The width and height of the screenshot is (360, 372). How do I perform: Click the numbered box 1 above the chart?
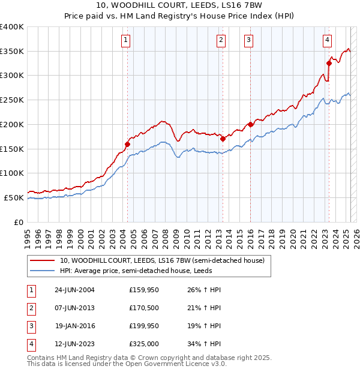coord(126,40)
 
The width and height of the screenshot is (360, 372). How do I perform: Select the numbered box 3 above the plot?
coord(248,40)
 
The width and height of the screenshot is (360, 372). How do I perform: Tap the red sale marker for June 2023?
coord(329,63)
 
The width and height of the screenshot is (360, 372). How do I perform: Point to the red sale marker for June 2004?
coord(127,144)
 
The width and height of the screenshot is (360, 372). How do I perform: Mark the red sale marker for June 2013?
coord(223,139)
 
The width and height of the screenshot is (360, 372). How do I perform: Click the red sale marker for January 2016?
coord(250,124)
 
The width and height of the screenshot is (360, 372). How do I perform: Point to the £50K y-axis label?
coord(14,197)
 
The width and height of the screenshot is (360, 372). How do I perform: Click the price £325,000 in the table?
coord(144,344)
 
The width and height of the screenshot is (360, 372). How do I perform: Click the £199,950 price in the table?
coord(144,326)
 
